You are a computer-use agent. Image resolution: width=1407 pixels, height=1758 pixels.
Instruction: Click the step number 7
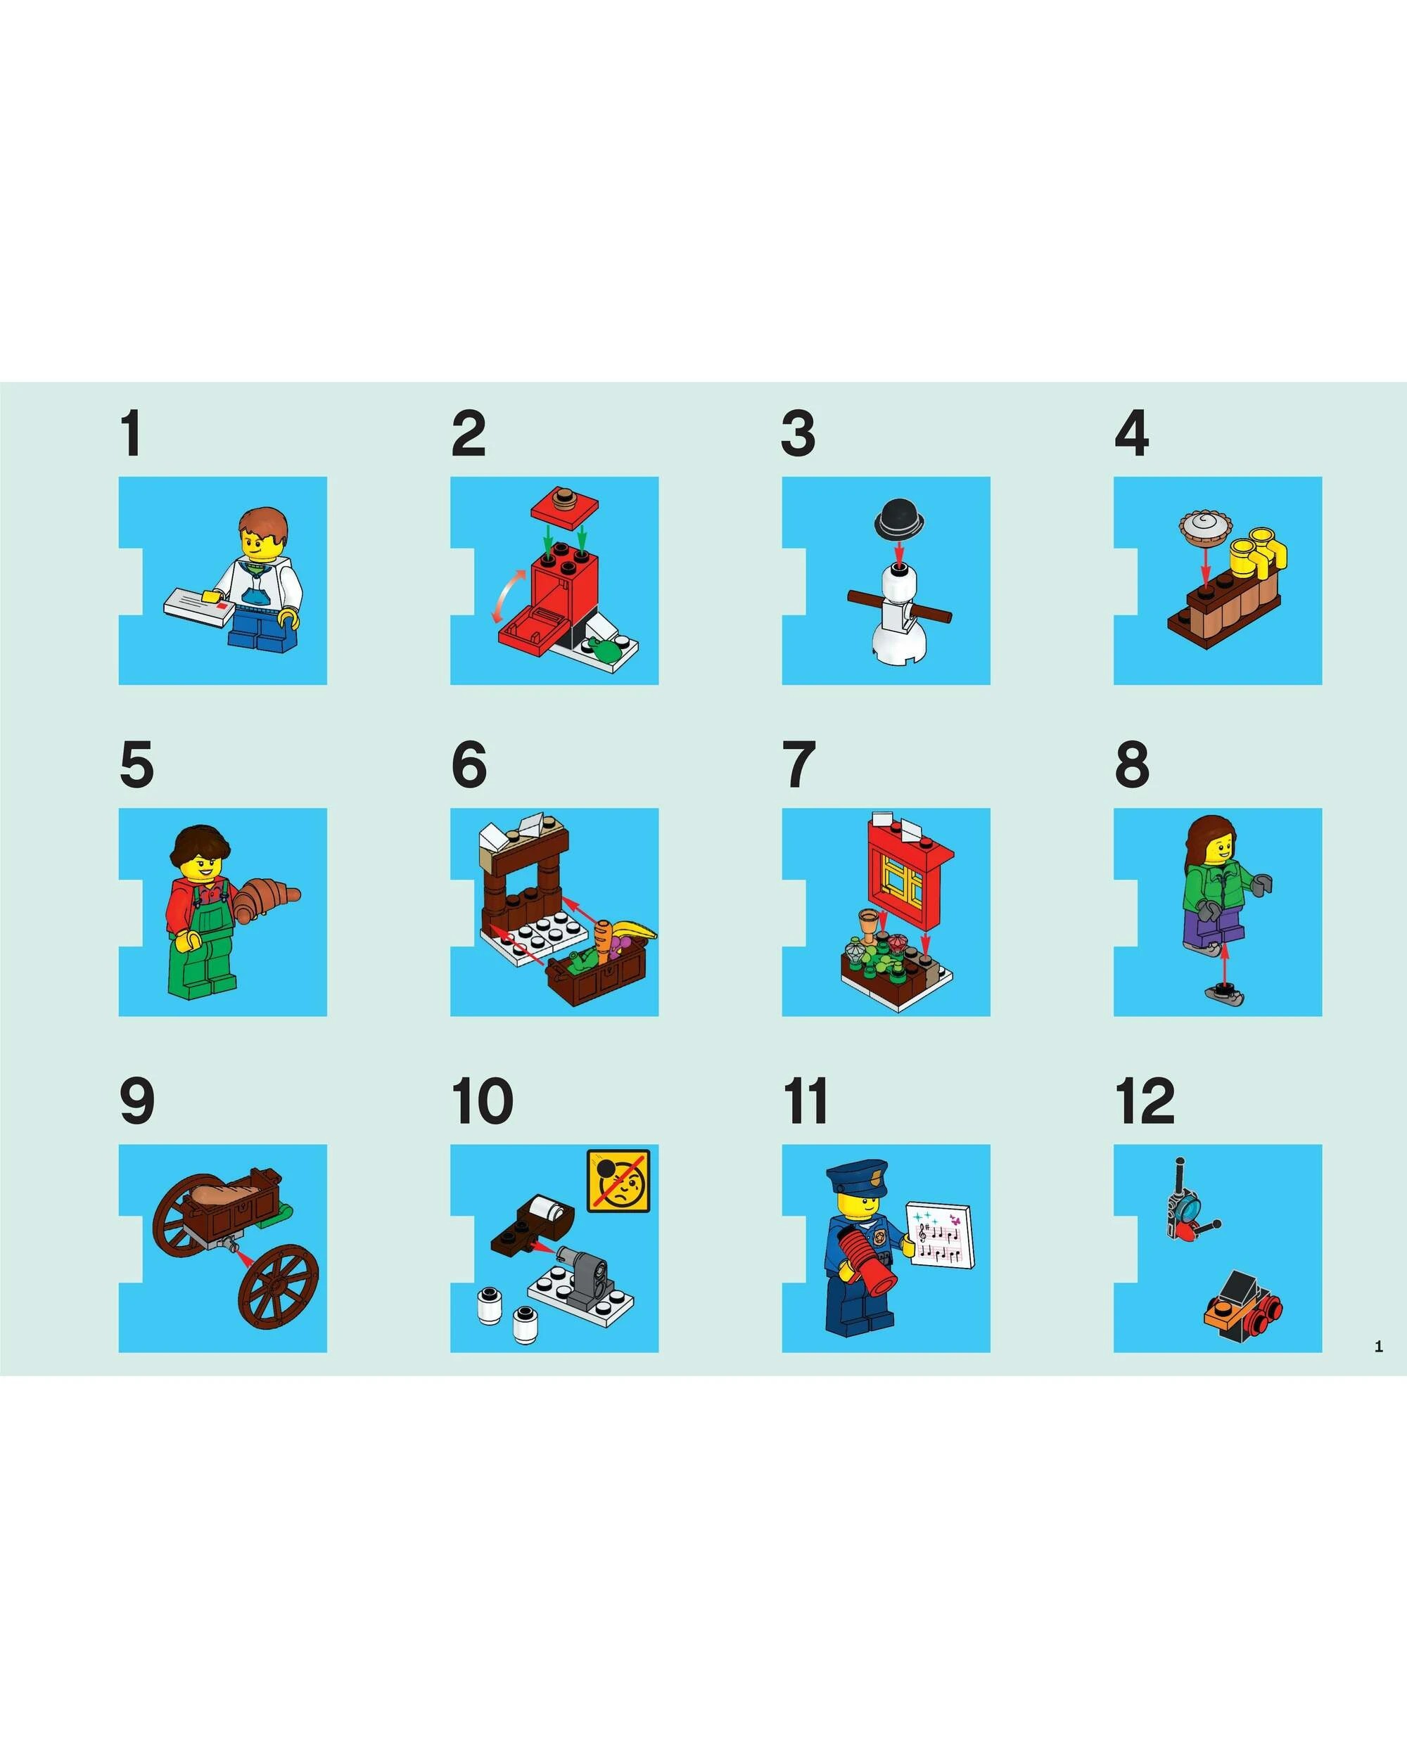pyautogui.click(x=798, y=765)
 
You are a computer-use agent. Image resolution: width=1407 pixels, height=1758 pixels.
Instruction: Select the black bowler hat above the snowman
pyautogui.click(x=899, y=518)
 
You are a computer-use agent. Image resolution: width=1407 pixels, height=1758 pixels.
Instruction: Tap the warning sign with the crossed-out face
pyautogui.click(x=619, y=1181)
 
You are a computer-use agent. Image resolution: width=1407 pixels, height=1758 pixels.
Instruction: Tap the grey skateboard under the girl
pyautogui.click(x=1224, y=992)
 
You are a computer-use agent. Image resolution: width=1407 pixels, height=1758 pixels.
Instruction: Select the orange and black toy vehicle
pyautogui.click(x=1240, y=1307)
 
